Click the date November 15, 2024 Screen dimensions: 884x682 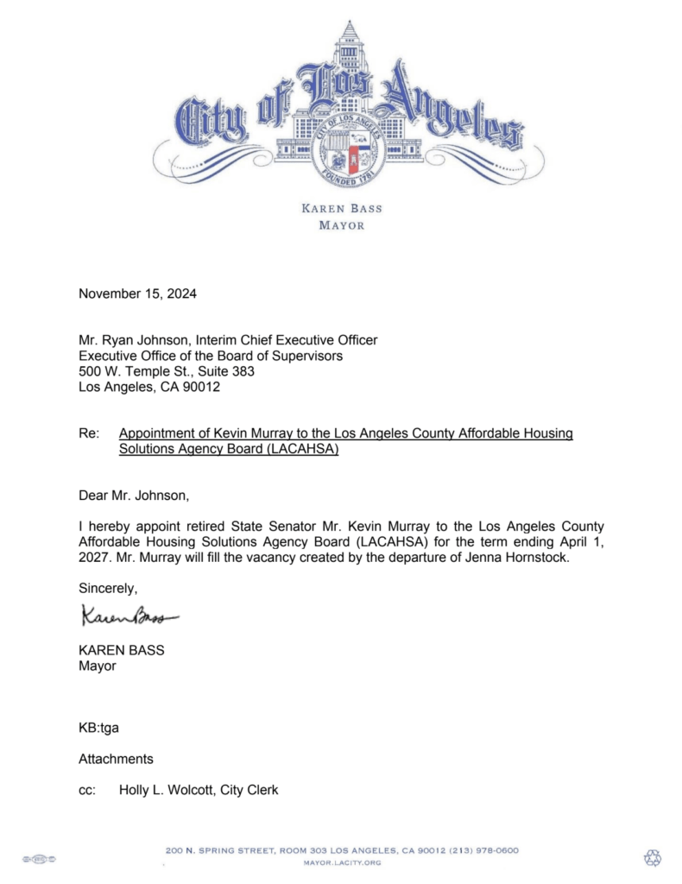[x=137, y=294]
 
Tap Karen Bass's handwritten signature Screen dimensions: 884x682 [x=129, y=616]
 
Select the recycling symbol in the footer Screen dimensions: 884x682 [x=653, y=857]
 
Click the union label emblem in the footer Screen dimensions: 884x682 [x=38, y=858]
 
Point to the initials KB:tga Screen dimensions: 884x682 [x=98, y=728]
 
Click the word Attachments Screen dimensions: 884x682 [x=116, y=759]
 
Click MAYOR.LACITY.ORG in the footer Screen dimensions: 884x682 [x=342, y=862]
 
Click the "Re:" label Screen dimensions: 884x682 [x=89, y=433]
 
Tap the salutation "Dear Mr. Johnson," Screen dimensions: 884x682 [x=133, y=496]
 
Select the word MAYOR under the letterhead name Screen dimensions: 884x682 [x=341, y=225]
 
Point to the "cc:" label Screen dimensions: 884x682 [x=86, y=790]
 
